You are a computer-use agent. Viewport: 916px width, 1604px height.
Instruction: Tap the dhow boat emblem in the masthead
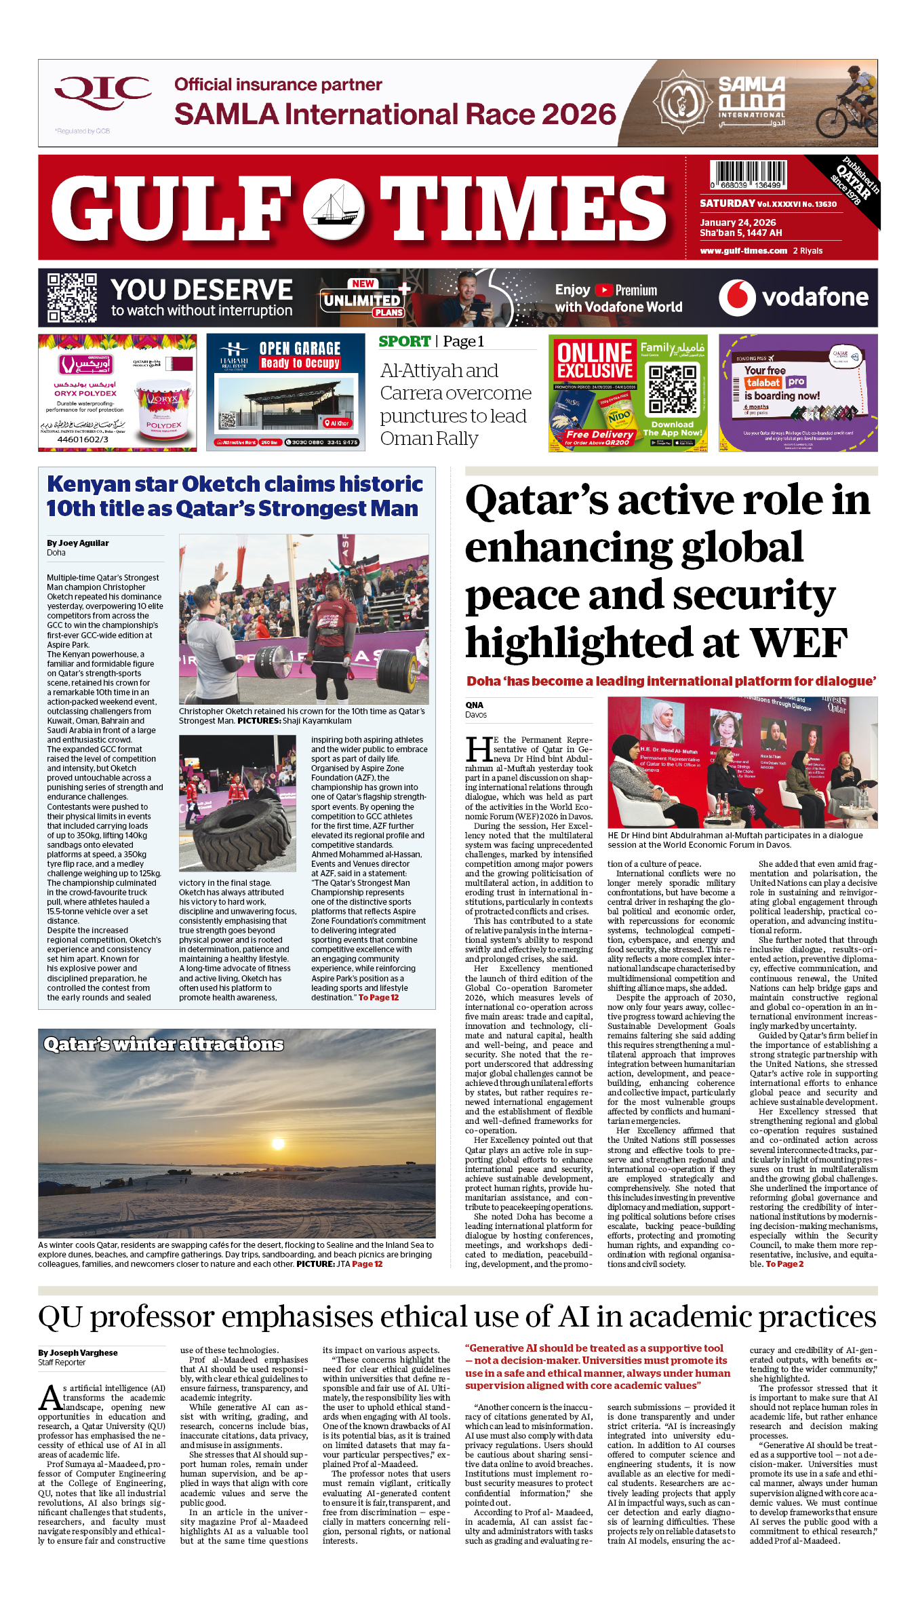(334, 210)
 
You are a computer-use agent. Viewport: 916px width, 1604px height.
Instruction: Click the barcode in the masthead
(749, 175)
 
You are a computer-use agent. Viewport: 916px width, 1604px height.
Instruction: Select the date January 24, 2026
(738, 222)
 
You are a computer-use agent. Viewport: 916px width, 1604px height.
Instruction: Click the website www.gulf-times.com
(743, 251)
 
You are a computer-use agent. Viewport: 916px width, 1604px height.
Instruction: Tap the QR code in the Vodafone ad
(72, 298)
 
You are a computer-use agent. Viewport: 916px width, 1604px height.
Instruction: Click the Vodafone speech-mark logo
(737, 297)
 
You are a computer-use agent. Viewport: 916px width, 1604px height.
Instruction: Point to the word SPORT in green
(405, 342)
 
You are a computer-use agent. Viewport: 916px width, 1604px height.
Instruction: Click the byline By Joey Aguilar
(78, 543)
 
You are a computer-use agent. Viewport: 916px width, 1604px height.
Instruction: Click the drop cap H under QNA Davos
(479, 749)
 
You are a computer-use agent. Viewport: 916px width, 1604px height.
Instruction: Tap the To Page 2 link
(784, 1264)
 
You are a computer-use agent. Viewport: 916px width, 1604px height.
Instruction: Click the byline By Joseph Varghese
(78, 1353)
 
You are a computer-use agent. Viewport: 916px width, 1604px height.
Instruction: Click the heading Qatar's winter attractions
(163, 1044)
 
